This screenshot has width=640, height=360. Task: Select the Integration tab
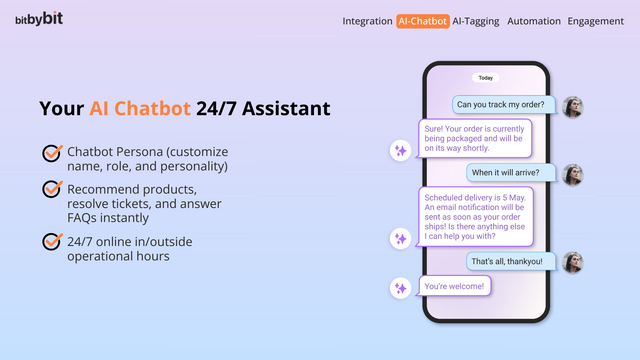367,20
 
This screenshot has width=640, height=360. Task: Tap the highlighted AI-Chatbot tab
422,20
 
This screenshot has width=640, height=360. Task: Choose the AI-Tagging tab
476,20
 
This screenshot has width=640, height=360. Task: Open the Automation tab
534,20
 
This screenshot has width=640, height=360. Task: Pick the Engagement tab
596,20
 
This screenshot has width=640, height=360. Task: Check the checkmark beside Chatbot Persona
52,152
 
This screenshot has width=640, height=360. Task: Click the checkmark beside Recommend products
52,188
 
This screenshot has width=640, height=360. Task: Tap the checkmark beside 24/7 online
52,241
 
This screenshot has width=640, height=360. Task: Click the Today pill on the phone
486,77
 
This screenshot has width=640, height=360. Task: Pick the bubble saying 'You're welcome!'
454,286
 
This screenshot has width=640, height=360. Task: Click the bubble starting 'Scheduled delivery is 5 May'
475,216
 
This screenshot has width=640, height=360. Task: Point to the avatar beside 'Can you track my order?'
573,106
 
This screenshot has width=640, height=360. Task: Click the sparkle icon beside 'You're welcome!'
400,287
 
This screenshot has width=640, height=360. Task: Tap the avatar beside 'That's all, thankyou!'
573,262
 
